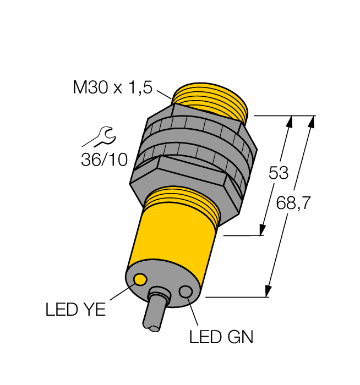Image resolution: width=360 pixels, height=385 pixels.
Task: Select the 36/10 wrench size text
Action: [x=104, y=159]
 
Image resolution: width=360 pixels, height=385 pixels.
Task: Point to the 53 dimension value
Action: [x=278, y=173]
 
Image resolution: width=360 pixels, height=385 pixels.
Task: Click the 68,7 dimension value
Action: [x=293, y=204]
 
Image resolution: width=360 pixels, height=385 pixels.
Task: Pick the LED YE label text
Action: [x=75, y=310]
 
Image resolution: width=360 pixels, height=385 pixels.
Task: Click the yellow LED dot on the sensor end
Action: [x=140, y=280]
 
